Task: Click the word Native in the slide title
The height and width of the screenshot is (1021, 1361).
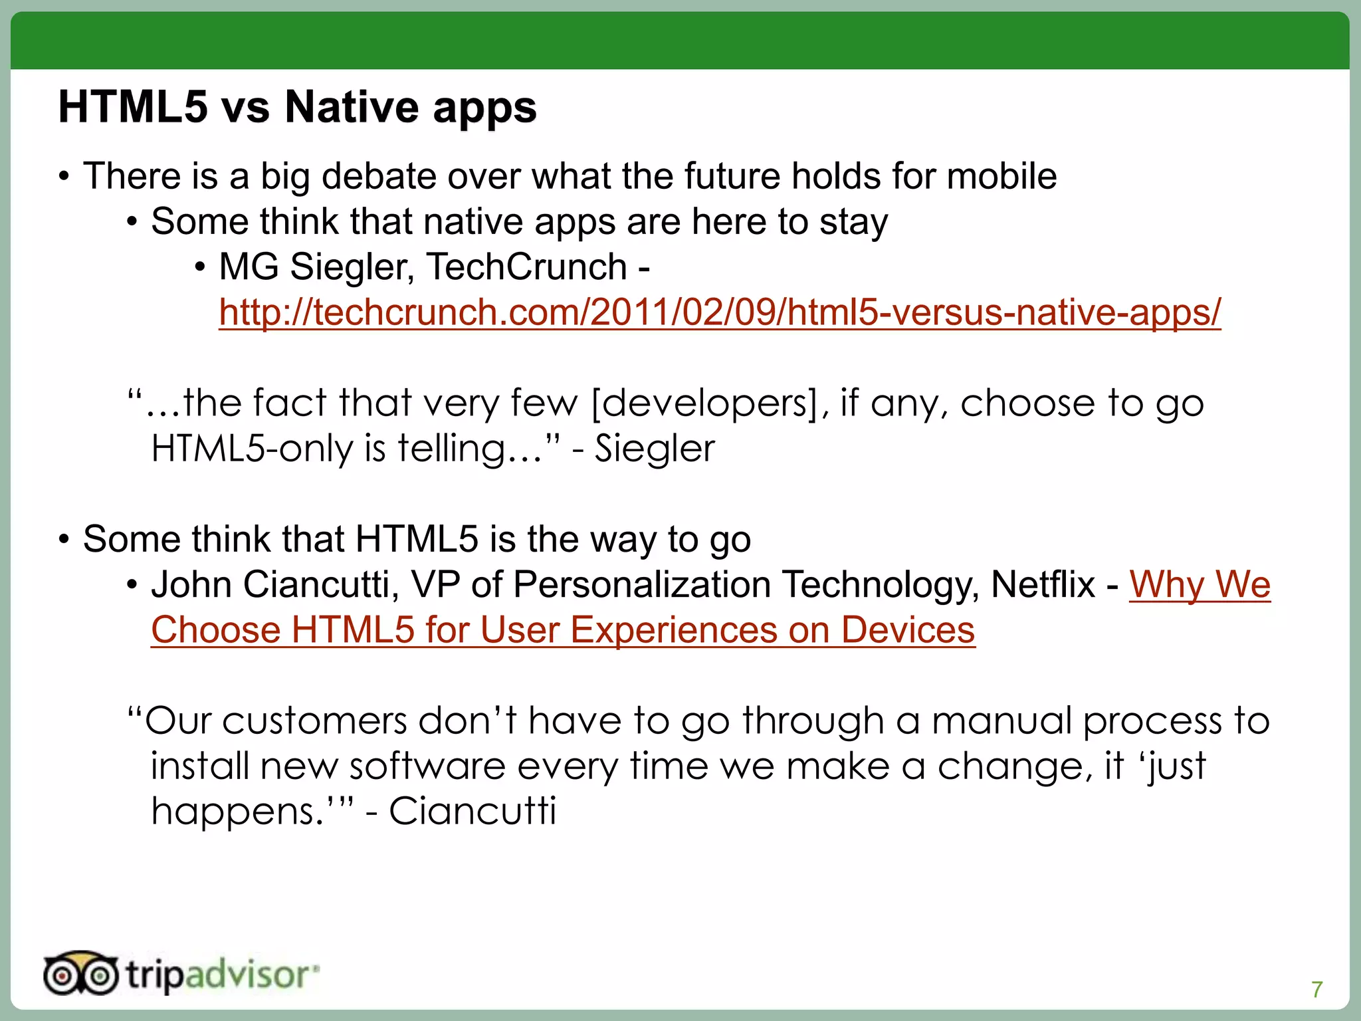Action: pyautogui.click(x=353, y=107)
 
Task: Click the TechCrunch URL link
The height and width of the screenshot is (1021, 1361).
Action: pyautogui.click(x=720, y=312)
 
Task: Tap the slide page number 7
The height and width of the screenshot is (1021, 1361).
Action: pyautogui.click(x=1317, y=989)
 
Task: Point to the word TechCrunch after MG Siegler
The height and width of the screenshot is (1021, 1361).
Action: pyautogui.click(x=526, y=267)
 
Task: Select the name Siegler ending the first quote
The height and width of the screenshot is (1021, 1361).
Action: pyautogui.click(x=655, y=448)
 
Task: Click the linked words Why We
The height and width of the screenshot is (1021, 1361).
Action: pyautogui.click(x=1200, y=584)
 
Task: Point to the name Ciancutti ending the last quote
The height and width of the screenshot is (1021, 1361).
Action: pyautogui.click(x=472, y=811)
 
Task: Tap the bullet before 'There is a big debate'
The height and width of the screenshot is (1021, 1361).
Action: pyautogui.click(x=64, y=177)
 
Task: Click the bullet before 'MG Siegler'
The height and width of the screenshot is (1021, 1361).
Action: pyautogui.click(x=200, y=268)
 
